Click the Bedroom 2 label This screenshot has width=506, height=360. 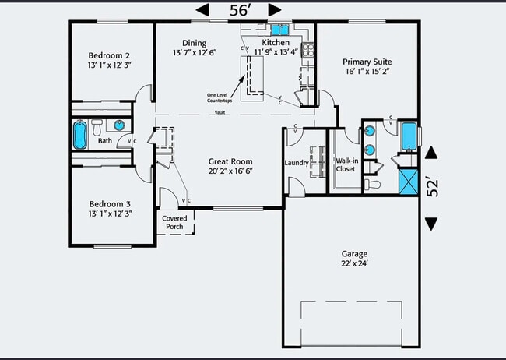[x=108, y=55]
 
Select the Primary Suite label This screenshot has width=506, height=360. [x=367, y=62]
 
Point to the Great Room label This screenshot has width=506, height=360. [x=230, y=161]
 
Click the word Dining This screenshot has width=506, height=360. [x=194, y=43]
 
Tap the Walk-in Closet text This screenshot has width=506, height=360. [x=346, y=164]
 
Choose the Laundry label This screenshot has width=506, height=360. [x=297, y=163]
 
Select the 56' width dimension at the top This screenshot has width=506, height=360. [x=238, y=9]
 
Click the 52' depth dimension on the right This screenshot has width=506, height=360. [x=432, y=187]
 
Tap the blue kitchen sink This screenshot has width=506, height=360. [x=276, y=29]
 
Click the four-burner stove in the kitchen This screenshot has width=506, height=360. [x=307, y=49]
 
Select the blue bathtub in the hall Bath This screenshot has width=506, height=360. [x=80, y=135]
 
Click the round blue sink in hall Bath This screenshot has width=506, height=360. [x=120, y=125]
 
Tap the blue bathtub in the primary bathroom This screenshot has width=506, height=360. [x=407, y=135]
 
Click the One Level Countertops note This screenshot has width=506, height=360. [x=221, y=97]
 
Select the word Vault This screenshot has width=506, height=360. [x=221, y=112]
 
